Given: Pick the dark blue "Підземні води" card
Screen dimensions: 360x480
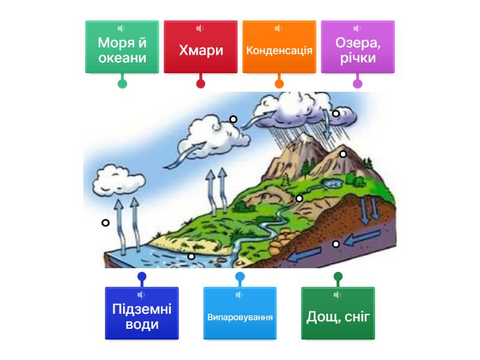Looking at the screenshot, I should pos(142,313).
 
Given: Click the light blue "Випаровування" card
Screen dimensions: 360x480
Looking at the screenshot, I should pos(240,313).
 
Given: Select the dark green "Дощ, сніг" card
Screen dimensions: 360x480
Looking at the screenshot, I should pos(338,313).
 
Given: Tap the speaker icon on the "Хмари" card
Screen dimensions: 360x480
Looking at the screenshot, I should pos(200,28).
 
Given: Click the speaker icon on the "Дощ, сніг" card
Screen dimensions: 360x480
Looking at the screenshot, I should pos(337,295).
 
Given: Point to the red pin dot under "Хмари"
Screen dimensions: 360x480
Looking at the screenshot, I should pos(200,83).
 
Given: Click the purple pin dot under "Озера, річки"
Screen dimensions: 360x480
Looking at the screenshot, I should pos(358,83).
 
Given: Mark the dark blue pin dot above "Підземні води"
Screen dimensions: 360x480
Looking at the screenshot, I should pos(142,277).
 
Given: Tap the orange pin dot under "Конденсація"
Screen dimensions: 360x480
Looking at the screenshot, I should pos(279,83).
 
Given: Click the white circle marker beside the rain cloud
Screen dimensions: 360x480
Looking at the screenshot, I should pos(336,113).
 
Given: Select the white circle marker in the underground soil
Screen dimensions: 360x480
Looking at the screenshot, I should pos(336,244).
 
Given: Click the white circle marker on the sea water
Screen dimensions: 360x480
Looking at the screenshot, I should pos(191,256).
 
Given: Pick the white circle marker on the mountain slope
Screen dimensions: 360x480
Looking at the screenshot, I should pos(343,154).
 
